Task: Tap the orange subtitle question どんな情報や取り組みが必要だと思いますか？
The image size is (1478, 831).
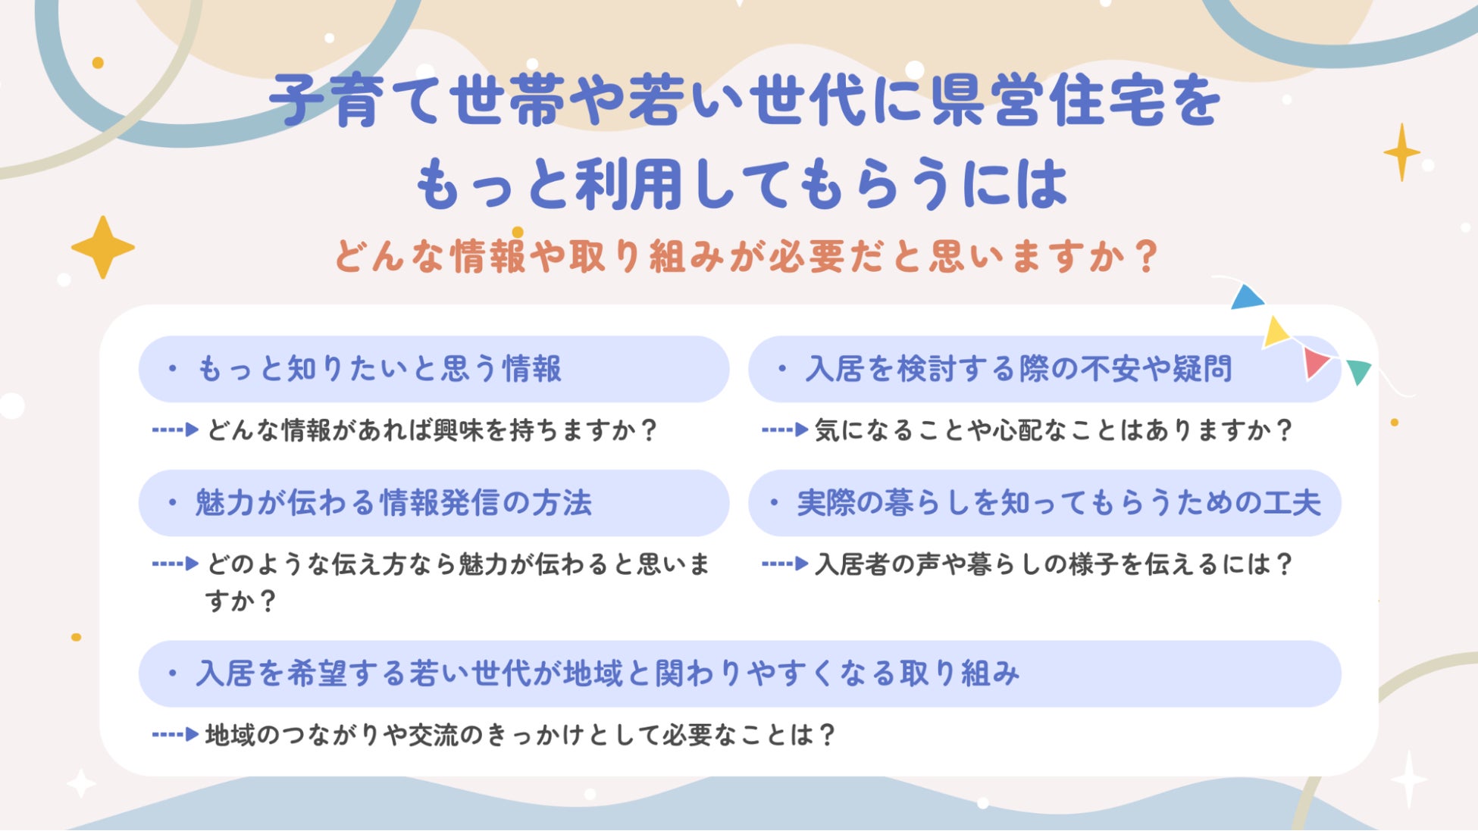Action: point(747,256)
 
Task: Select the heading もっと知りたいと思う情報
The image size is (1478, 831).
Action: point(379,369)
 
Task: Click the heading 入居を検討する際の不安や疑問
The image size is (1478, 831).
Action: point(1019,369)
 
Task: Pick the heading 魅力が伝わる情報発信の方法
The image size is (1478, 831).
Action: point(393,503)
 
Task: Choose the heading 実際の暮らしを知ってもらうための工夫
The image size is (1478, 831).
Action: point(1059,503)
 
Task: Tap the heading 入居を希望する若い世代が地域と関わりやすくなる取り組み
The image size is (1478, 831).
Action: point(608,673)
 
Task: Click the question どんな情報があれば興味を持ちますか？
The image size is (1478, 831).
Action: point(433,430)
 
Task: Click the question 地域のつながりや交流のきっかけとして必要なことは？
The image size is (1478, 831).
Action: point(521,735)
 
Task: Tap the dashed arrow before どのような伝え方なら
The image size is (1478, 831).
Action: point(175,564)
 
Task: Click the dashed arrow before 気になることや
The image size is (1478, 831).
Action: point(784,430)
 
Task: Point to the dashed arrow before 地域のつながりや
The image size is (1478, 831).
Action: point(175,734)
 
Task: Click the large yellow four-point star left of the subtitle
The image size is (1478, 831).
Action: point(102,247)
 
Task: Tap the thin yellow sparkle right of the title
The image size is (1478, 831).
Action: point(1401,152)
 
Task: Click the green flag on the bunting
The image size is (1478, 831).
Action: point(1359,372)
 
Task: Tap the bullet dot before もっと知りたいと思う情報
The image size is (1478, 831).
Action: point(173,369)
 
